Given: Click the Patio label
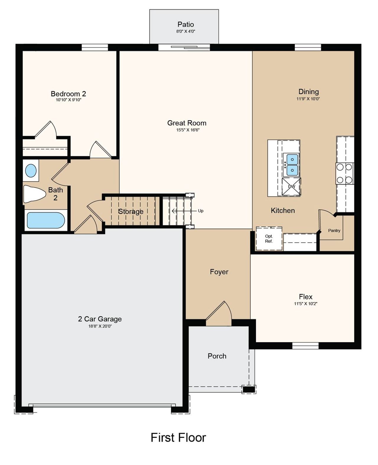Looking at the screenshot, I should tap(185, 24).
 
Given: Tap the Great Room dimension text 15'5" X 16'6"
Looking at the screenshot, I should tap(188, 130).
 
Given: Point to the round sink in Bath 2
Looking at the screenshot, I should tap(31, 171).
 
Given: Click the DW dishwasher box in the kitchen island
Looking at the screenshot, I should tap(291, 187).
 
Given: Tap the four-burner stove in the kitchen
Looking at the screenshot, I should tap(344, 173).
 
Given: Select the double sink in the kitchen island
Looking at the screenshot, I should tap(291, 165).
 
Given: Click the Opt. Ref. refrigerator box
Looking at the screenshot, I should tap(269, 239).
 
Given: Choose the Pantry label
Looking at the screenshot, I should tap(334, 230).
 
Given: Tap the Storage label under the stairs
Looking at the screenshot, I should tap(131, 211).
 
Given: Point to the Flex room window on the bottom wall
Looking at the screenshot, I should tap(305, 345).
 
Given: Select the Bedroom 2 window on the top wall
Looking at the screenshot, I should tap(94, 48).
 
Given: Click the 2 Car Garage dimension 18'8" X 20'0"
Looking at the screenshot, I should tap(100, 326).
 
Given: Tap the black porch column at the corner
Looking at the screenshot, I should tap(248, 389).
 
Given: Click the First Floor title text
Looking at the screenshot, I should tap(178, 437).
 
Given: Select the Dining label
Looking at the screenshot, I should tap(308, 92).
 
